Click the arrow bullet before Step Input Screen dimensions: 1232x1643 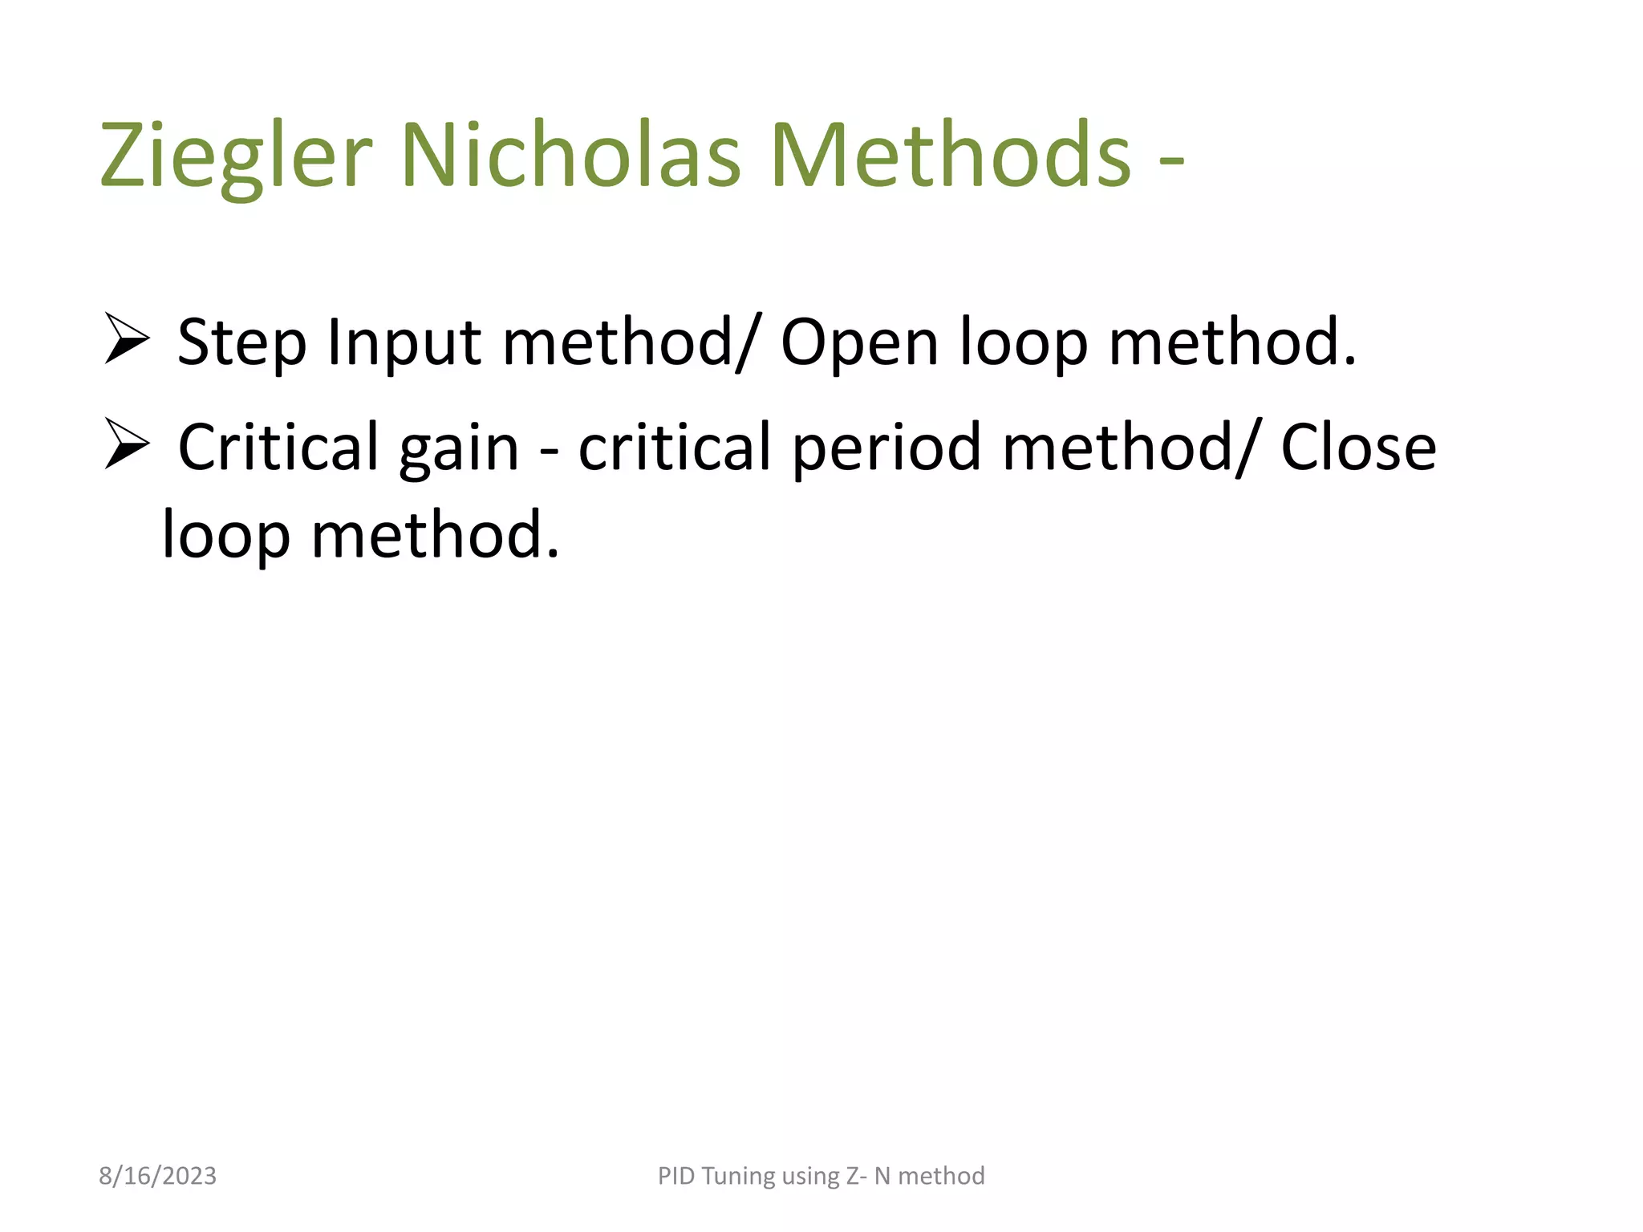point(127,341)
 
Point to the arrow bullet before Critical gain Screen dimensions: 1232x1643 point(127,447)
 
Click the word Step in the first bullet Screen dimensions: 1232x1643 point(241,343)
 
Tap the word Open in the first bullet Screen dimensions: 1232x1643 point(858,343)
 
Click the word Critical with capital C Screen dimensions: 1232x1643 point(278,447)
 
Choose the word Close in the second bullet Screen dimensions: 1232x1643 point(1357,447)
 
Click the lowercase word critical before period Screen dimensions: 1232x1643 point(675,447)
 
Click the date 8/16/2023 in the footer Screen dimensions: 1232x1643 point(157,1176)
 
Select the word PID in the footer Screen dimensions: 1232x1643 point(675,1176)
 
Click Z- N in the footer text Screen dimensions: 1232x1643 point(868,1176)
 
